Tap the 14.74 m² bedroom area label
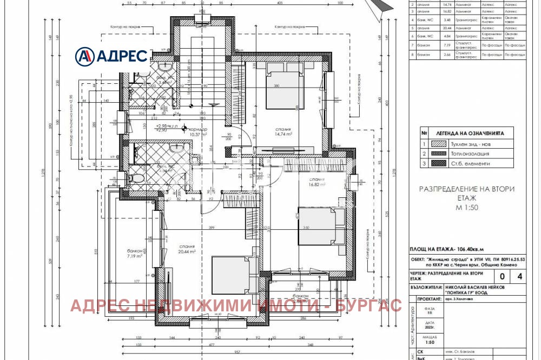(283, 134)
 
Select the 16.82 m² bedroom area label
(317, 182)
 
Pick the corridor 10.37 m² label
(199, 133)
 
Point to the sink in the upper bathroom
(166, 66)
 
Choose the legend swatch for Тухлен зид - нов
(439, 143)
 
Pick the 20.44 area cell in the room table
(446, 27)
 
